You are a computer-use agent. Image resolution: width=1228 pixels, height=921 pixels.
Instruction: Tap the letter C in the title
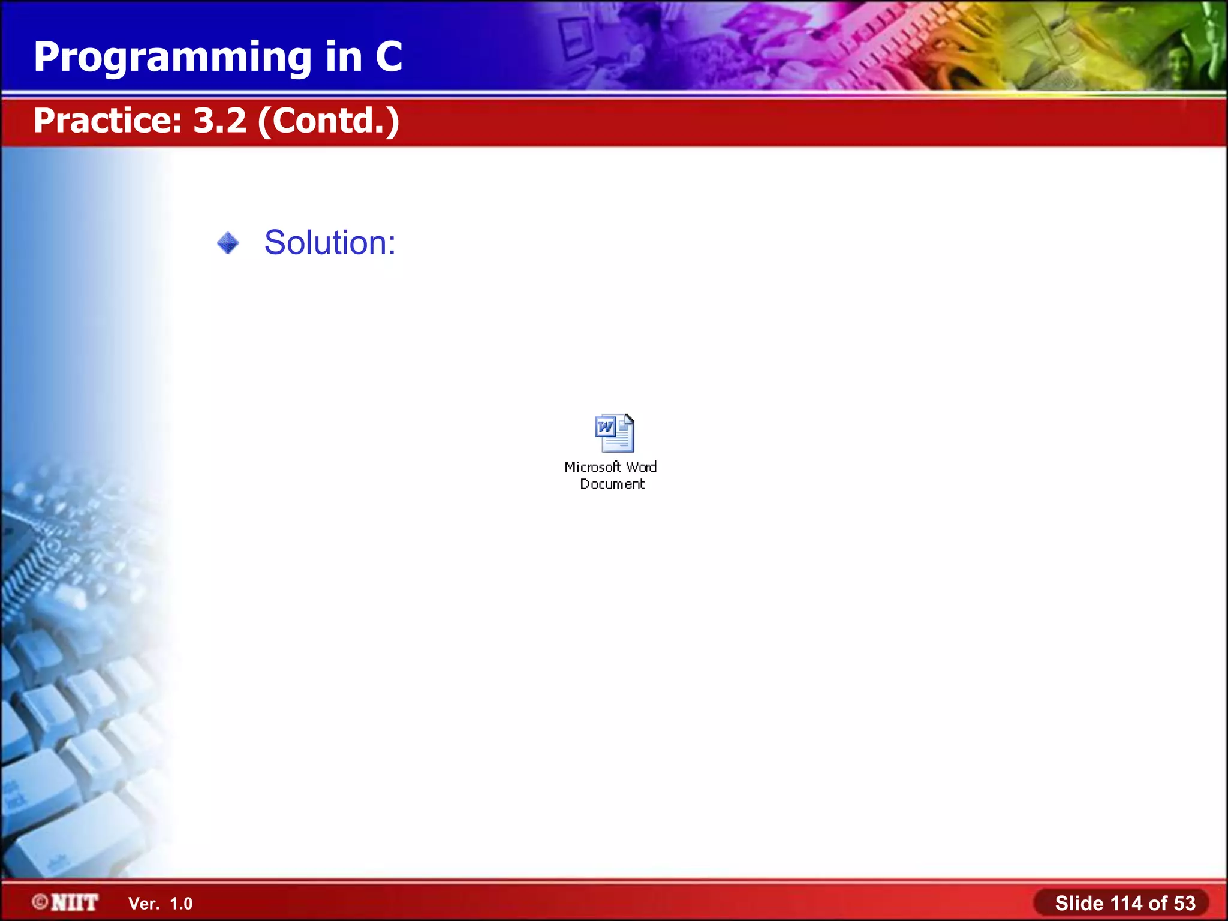coord(389,57)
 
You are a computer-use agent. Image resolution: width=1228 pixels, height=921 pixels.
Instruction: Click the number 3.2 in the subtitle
coord(219,121)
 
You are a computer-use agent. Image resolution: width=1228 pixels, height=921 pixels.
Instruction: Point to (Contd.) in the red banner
coord(329,121)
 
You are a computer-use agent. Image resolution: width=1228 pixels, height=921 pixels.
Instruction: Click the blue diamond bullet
coord(228,243)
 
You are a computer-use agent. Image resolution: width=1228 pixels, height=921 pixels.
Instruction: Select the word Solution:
coord(330,243)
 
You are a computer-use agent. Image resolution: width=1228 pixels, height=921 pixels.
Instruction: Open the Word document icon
coord(614,432)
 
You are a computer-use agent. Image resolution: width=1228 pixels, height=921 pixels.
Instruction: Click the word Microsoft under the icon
coord(592,467)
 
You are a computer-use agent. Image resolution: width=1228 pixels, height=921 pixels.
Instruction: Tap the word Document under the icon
coord(612,484)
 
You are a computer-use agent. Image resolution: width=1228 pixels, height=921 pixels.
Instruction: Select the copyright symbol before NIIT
coord(40,902)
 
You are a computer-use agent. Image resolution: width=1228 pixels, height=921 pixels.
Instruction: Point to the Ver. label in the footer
coord(144,904)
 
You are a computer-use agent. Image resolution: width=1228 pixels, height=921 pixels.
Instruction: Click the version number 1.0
coord(181,904)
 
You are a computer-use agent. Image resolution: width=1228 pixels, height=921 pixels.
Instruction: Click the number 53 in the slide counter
coord(1184,903)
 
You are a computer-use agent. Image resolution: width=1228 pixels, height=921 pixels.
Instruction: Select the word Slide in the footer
coord(1079,903)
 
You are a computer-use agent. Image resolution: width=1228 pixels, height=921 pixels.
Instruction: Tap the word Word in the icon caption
coord(642,467)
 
